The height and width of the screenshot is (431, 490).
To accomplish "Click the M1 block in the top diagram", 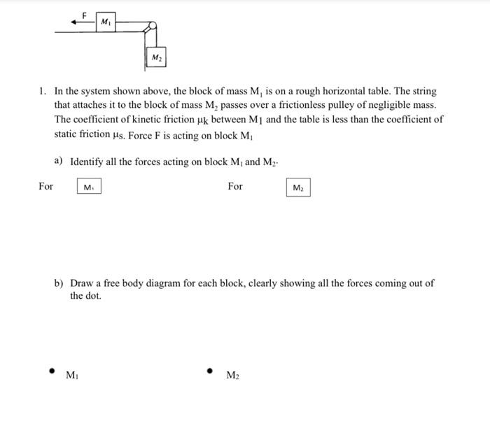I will [x=105, y=22].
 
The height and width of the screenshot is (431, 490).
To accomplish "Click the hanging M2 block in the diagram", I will [x=157, y=56].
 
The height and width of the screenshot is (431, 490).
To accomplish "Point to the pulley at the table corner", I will [x=148, y=27].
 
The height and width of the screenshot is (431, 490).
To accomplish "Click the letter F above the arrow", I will [x=84, y=14].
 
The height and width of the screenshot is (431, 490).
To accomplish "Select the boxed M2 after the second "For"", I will [x=297, y=188].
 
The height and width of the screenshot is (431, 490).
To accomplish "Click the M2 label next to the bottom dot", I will [x=233, y=376].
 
